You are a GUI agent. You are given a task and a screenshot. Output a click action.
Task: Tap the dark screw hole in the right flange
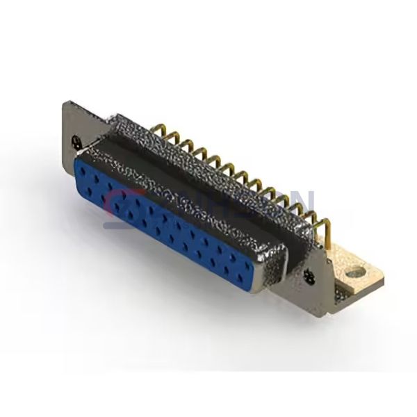pyautogui.click(x=311, y=279)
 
